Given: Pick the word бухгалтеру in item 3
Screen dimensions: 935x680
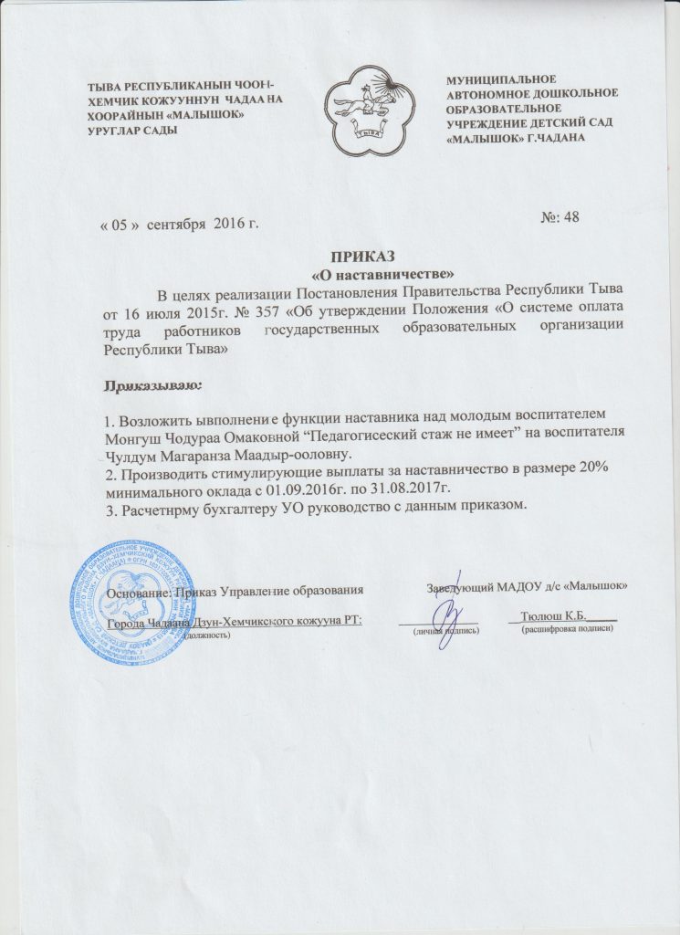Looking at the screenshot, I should [224, 508].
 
